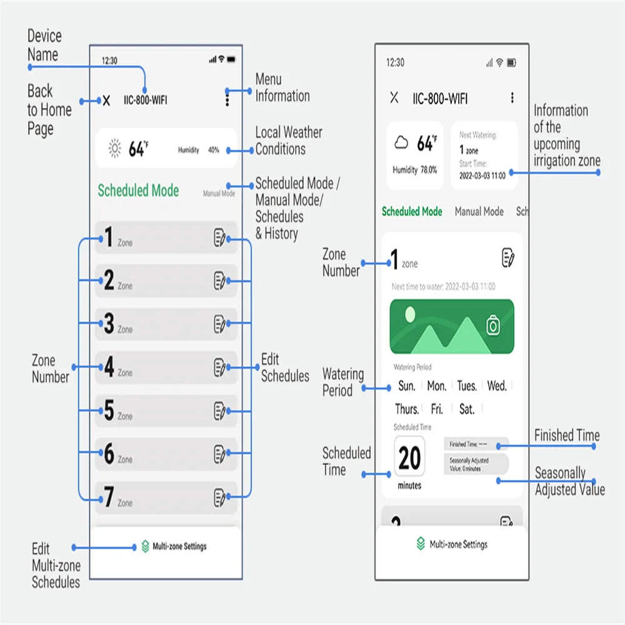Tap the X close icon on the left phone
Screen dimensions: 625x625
106,101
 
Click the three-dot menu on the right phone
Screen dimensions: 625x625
512,98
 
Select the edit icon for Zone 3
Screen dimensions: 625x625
219,324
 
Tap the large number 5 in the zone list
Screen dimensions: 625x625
109,411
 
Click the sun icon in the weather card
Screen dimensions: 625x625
114,149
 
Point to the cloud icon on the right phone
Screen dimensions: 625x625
401,143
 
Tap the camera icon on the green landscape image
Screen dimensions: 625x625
493,325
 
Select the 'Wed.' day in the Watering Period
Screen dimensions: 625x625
497,386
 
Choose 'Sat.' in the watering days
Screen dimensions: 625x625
467,409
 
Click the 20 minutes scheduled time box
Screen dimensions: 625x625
409,459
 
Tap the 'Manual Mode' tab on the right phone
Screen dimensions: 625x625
479,212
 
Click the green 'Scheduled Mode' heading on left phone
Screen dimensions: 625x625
138,191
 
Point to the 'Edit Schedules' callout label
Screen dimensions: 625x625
284,367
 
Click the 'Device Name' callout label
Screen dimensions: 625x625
44,46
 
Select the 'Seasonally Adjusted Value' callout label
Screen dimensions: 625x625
569,481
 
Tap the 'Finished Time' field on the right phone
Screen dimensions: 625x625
476,444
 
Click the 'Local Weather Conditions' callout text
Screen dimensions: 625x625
288,141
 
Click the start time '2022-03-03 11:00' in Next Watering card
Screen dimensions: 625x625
482,176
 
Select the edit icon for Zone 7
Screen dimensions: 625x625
219,497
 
